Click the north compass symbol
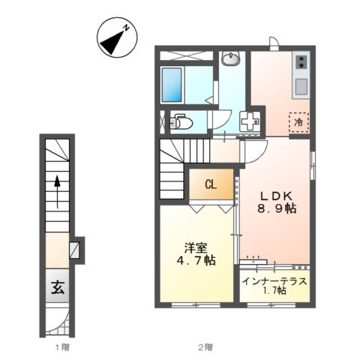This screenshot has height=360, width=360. (x=117, y=37)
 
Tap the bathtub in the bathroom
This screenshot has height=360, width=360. (x=172, y=85)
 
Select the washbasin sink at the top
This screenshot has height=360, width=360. (x=230, y=58)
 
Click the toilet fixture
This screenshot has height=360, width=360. (x=181, y=121)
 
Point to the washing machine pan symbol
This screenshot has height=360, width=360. (x=250, y=121)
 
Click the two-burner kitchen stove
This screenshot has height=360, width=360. (x=301, y=61)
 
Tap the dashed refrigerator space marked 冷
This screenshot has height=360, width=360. (x=299, y=122)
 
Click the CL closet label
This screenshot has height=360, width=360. (x=211, y=184)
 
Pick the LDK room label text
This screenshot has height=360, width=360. (x=277, y=196)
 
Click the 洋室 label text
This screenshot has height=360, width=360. (x=196, y=248)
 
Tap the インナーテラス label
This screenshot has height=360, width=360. (x=274, y=281)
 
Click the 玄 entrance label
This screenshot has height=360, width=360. (x=58, y=288)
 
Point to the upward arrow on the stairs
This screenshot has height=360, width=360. (x=58, y=191)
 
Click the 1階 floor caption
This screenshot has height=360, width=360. (x=62, y=347)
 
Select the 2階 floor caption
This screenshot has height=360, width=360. (x=205, y=347)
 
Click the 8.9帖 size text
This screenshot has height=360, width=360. (x=277, y=208)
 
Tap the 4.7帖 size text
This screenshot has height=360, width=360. (x=196, y=261)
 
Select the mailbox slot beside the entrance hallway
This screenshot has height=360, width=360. (x=75, y=250)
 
